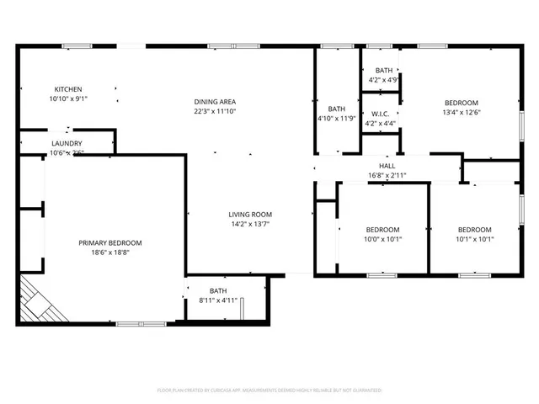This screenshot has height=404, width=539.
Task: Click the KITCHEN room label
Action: pos(68,89)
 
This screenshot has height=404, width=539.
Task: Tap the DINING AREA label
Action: pos(215,102)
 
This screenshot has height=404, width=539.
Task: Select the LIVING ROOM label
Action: pos(251,215)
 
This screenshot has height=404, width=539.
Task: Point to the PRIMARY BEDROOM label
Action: pos(110,243)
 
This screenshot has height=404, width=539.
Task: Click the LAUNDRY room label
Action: pos(67,143)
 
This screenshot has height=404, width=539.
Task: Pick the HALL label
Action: pos(387,166)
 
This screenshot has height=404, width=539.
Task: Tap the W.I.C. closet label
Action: pos(380,114)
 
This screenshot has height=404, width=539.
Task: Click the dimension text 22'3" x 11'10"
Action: pos(215,111)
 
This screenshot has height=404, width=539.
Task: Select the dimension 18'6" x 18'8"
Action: pos(110,252)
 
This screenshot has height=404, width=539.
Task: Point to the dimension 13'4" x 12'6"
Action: pos(461,113)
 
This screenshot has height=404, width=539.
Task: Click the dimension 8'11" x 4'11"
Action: pos(218,300)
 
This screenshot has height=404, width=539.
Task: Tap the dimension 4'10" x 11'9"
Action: pos(337,119)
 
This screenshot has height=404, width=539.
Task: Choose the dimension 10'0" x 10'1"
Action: pos(382,239)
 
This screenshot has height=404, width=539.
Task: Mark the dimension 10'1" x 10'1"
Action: pos(474,239)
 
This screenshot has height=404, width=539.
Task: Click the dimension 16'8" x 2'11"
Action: pos(387,175)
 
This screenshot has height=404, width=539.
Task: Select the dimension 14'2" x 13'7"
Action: pos(251,224)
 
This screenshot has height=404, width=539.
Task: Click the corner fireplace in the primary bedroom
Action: pos(39,301)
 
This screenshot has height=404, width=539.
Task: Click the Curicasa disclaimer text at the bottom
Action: pos(269,391)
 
